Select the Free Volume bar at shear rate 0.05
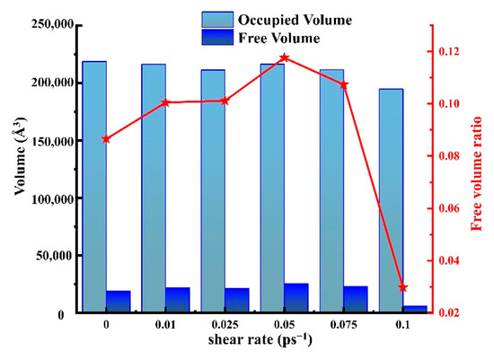(x=296, y=298)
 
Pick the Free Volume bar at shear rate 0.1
(x=415, y=309)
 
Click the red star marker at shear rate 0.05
(x=285, y=57)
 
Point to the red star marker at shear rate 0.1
(x=403, y=287)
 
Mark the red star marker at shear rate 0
(x=107, y=139)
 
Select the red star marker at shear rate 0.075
(x=344, y=84)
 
